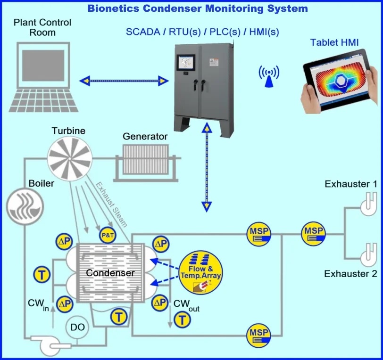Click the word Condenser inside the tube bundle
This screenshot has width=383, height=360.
coord(110,272)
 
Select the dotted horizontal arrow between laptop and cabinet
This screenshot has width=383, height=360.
coord(125,81)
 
